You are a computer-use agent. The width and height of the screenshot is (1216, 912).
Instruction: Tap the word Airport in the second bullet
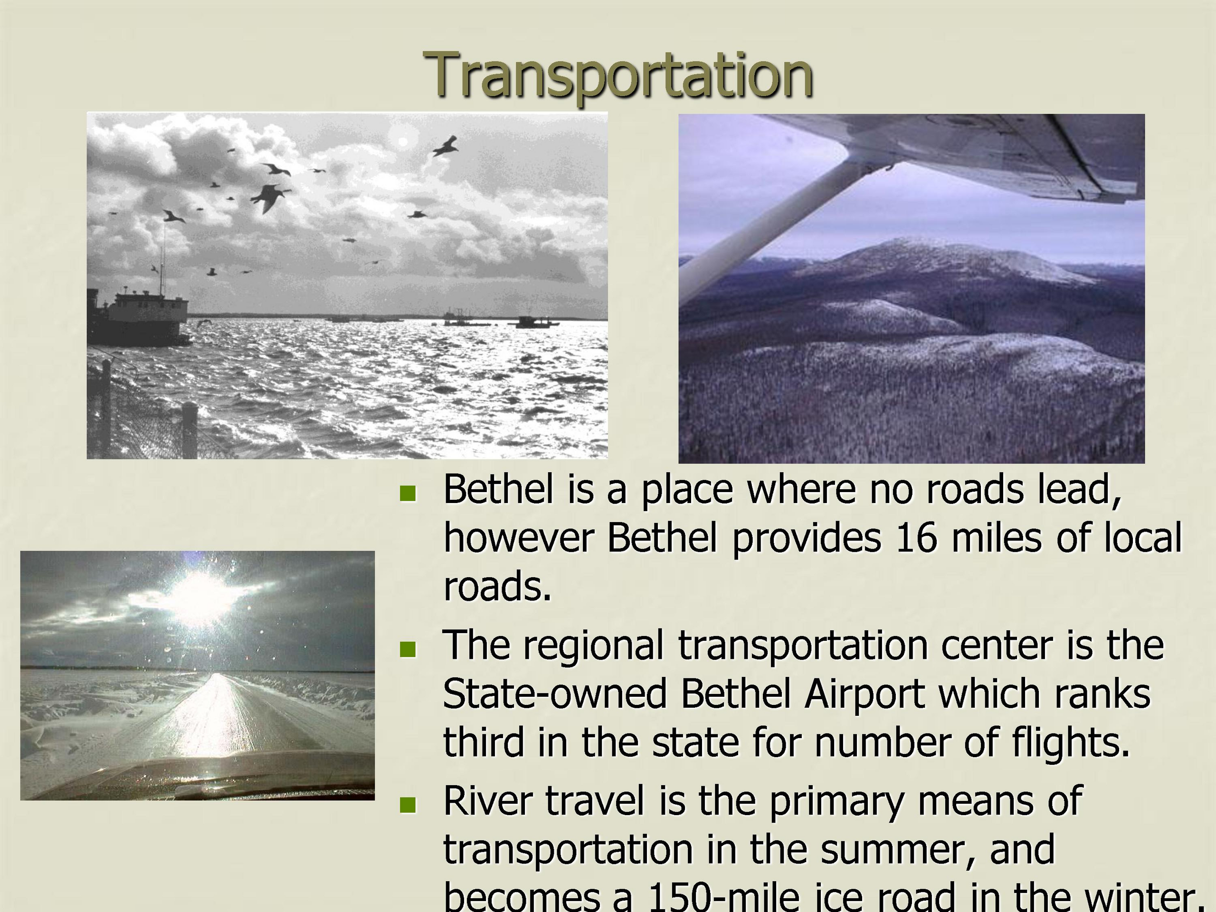pos(864,694)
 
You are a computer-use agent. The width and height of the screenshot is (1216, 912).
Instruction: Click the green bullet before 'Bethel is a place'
pos(408,493)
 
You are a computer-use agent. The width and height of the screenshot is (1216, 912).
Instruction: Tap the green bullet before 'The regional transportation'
pos(408,649)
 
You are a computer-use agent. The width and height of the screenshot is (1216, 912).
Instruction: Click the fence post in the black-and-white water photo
pos(189,430)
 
